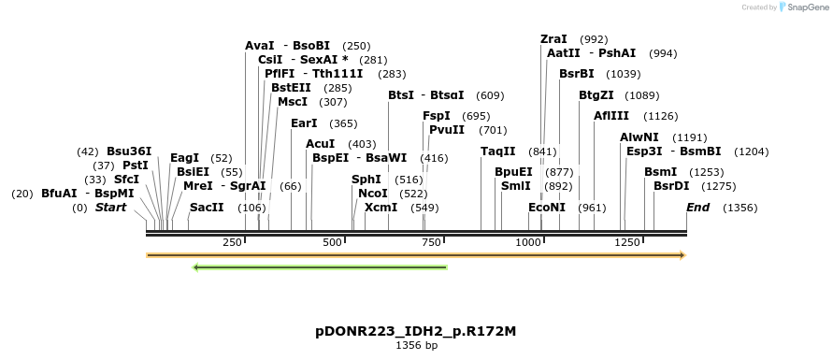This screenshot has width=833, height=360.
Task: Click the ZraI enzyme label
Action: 553,39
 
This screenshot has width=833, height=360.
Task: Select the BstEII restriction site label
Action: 291,87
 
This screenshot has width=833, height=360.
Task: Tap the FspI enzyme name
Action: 437,116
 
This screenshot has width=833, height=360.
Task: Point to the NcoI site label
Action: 372,193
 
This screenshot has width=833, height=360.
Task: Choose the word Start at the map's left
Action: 110,208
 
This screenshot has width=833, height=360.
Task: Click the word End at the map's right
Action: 697,208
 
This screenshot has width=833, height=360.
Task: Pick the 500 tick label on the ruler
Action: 333,242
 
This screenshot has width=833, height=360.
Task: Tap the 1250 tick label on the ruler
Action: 626,242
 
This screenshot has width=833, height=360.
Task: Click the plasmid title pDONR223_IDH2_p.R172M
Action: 416,331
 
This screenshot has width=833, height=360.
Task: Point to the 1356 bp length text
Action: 416,346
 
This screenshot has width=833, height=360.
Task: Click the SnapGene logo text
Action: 803,7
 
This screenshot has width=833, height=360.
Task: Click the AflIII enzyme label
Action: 610,116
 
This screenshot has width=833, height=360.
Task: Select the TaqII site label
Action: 497,151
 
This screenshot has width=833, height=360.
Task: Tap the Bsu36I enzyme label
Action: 129,151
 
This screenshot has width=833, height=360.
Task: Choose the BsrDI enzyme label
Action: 671,186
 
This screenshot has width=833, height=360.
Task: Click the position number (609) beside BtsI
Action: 490,95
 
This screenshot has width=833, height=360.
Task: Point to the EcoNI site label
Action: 547,208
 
